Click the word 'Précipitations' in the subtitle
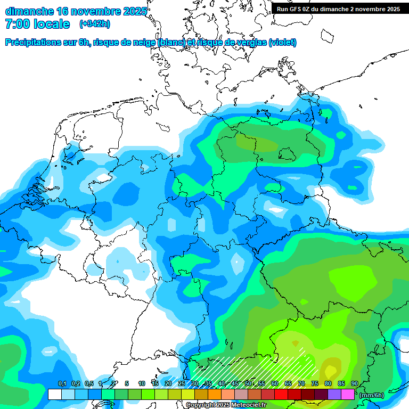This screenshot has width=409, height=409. (31, 42)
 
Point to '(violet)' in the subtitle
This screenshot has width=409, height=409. (283, 42)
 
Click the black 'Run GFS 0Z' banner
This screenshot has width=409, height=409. (338, 9)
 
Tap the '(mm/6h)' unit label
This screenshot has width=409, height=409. (372, 395)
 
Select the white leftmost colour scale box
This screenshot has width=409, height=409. (55, 394)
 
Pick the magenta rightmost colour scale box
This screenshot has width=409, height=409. (348, 394)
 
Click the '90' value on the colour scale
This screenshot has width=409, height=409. (355, 384)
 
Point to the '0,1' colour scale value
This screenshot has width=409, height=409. (62, 384)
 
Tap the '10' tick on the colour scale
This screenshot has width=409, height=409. (142, 384)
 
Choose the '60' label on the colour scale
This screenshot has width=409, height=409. (275, 384)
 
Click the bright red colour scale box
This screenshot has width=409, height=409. (281, 394)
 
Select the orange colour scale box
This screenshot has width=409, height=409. (215, 394)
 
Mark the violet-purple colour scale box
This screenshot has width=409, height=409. (334, 394)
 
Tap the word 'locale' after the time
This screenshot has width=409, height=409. (52, 24)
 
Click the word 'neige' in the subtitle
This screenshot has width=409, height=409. (145, 42)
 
